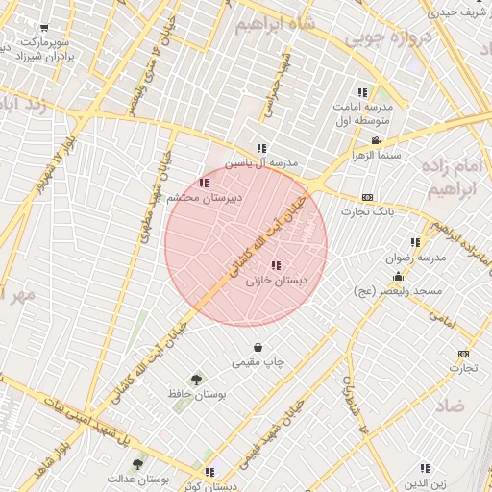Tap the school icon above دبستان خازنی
(x=277, y=265)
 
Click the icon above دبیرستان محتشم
(x=203, y=182)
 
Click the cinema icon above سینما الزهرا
(x=376, y=140)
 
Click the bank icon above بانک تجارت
(x=367, y=196)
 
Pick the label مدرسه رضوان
(x=415, y=258)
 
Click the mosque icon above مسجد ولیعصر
(x=398, y=276)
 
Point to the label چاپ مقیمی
(x=258, y=362)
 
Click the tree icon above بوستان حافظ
(x=197, y=380)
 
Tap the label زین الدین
(x=424, y=482)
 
